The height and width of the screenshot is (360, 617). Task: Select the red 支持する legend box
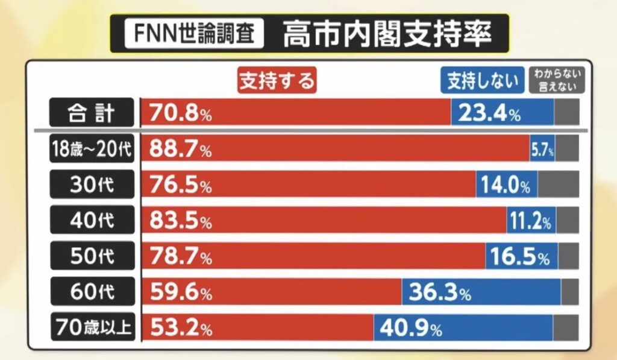click(x=277, y=80)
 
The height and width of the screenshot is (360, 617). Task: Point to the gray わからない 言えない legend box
click(x=557, y=80)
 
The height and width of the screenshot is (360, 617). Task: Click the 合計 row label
click(x=90, y=113)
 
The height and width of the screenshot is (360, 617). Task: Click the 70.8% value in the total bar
click(x=180, y=113)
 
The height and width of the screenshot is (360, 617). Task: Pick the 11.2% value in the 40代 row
click(x=530, y=221)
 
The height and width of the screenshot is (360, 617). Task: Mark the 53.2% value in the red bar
click(x=180, y=328)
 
